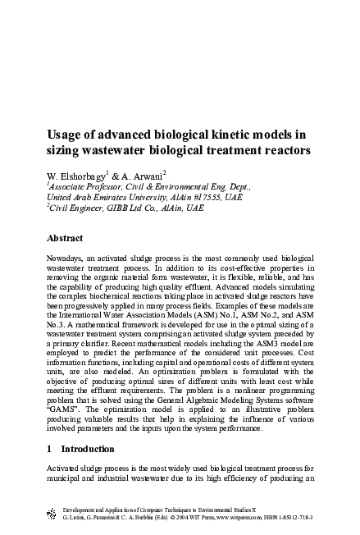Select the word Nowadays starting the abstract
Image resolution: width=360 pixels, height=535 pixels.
[67, 259]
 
